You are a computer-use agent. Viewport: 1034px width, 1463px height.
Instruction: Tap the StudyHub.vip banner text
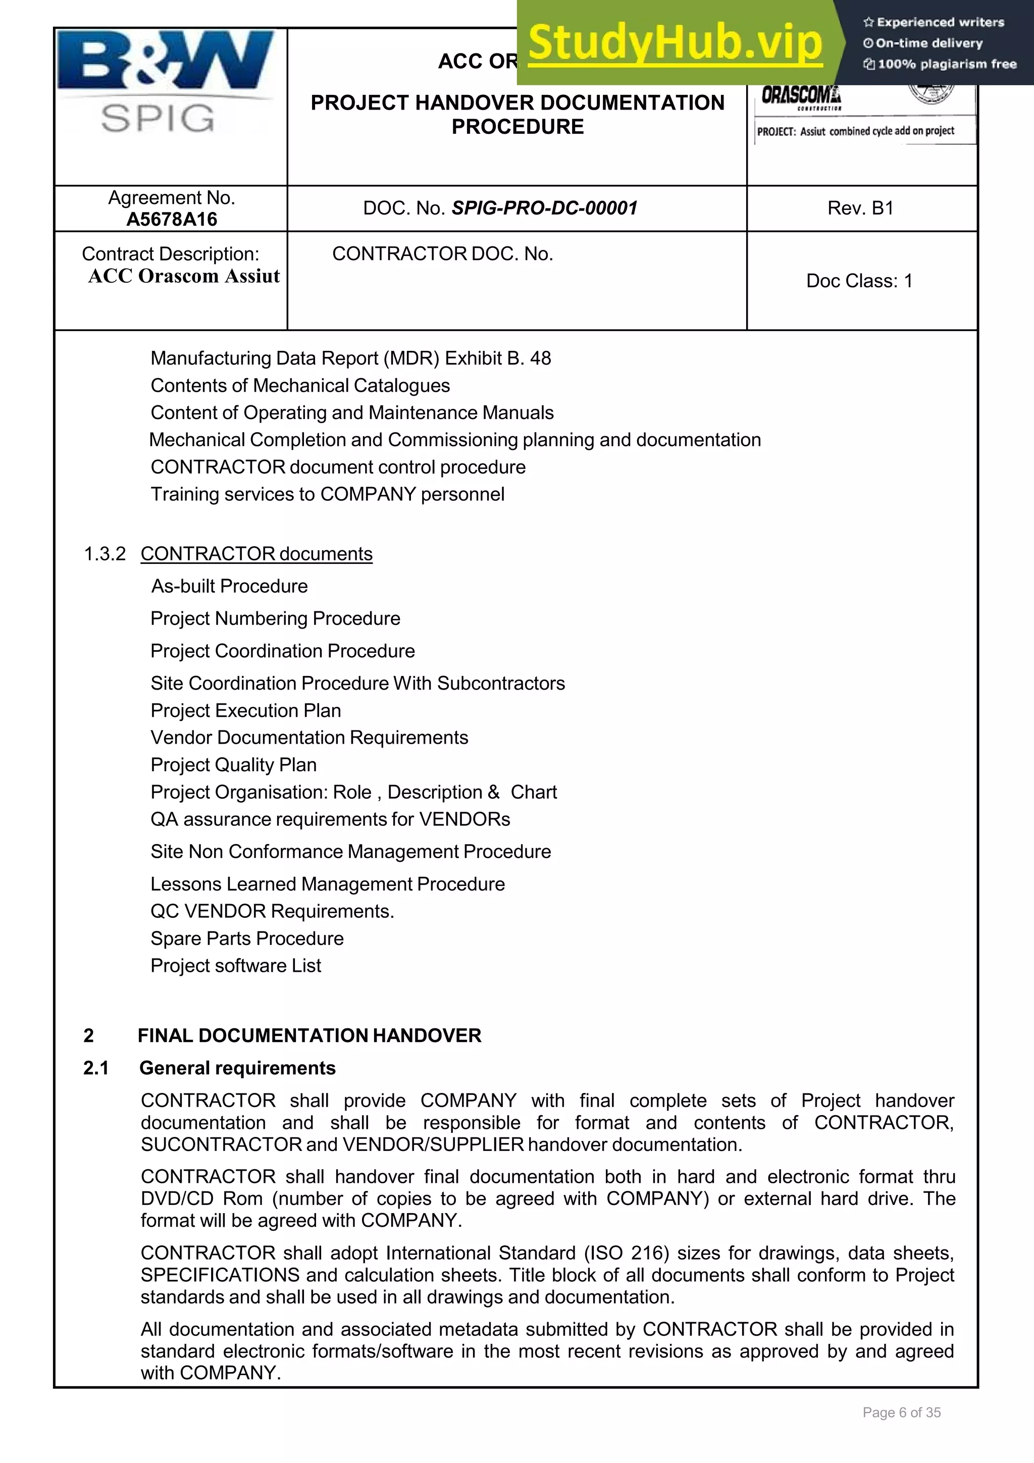676,43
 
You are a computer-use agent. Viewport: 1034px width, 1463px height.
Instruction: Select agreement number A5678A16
171,219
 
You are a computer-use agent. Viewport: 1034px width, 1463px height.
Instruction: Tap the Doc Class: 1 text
859,281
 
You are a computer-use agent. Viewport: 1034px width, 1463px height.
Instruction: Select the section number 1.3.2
105,554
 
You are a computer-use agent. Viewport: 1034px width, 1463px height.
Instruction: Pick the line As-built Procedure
229,586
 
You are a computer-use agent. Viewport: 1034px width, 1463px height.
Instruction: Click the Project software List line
236,966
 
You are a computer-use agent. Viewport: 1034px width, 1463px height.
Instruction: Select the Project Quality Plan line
233,765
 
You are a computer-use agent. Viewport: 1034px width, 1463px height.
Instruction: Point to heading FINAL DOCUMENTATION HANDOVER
309,1035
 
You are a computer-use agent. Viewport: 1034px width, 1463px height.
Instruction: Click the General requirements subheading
237,1068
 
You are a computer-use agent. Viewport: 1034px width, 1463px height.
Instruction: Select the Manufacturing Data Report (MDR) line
350,358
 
